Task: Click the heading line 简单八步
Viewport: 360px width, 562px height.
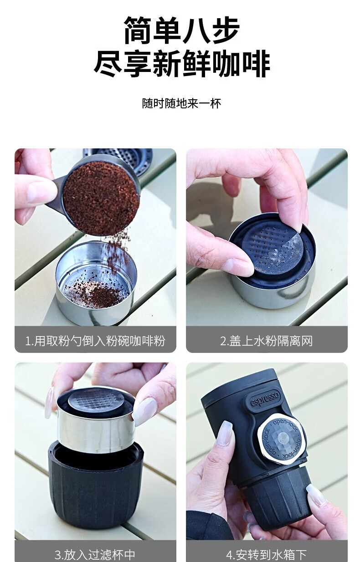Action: (181, 30)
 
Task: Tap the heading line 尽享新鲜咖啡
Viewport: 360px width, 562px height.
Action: (181, 64)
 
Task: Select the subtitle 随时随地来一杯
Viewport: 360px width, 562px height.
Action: (181, 103)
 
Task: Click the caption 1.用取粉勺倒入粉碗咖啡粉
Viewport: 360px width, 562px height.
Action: (95, 341)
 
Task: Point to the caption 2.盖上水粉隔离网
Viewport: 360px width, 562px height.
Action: (267, 341)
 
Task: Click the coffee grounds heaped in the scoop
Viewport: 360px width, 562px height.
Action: (101, 198)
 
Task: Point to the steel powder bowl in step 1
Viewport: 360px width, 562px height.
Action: (96, 282)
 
